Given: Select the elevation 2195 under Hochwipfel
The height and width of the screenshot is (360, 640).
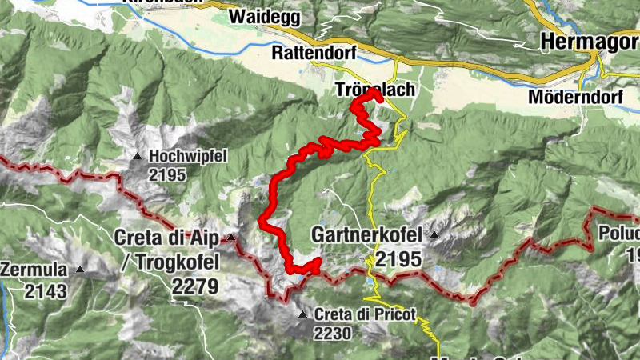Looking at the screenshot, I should (x=167, y=175).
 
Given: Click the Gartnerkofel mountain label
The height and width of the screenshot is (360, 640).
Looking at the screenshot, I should (x=368, y=236).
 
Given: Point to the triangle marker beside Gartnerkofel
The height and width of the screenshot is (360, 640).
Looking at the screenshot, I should (x=434, y=235).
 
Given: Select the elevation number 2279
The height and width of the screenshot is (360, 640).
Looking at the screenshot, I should (x=195, y=286).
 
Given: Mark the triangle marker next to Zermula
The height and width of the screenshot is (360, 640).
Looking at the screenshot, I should (x=79, y=270).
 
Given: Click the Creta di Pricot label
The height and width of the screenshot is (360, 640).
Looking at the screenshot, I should (x=366, y=314).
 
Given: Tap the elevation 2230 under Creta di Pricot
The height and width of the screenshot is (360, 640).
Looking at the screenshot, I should (x=332, y=333).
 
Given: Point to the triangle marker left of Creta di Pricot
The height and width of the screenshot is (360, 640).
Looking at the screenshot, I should (x=302, y=314).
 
